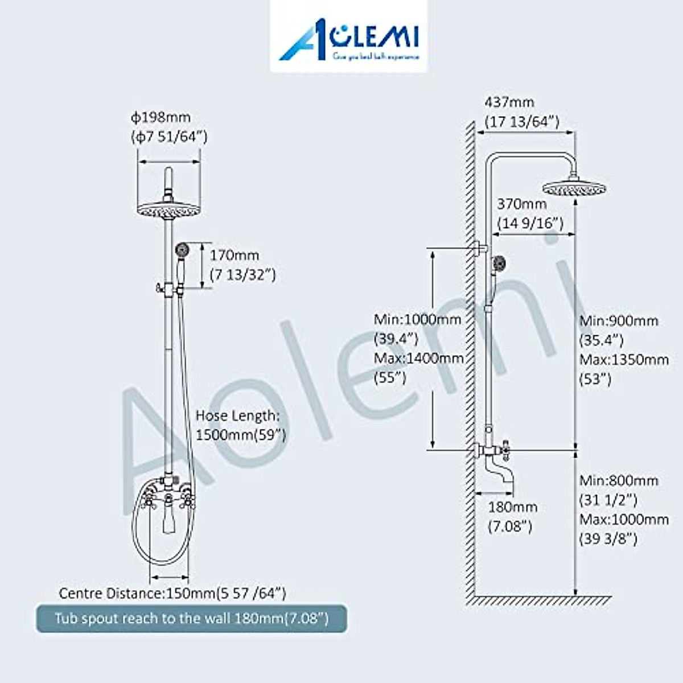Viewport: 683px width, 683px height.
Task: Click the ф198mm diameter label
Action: pos(161,118)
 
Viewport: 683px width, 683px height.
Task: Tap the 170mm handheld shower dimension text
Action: pos(234,256)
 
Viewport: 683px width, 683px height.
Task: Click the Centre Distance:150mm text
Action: pos(172,594)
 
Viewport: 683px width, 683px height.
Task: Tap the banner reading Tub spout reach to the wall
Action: pos(191,618)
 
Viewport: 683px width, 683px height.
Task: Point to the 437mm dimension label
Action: pos(509,102)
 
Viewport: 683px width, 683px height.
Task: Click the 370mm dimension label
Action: pos(522,204)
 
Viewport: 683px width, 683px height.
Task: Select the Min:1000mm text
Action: pos(417,319)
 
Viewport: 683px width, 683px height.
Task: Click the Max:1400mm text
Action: pos(418,359)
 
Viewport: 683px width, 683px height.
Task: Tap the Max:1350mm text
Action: pos(624,360)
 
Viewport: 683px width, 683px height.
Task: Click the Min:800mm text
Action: pos(619,481)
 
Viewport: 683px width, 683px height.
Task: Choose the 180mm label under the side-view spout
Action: pos(512,507)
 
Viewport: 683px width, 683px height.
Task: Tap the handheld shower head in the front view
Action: pos(182,249)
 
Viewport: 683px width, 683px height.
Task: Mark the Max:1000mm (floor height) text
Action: pos(624,520)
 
